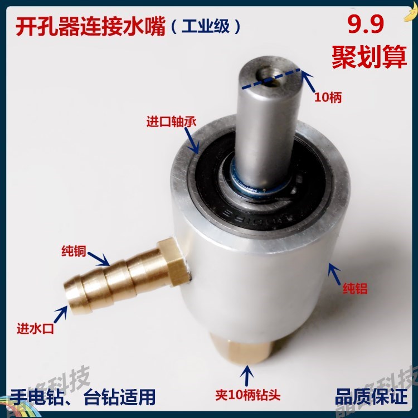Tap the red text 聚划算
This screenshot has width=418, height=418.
[x=368, y=57]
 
